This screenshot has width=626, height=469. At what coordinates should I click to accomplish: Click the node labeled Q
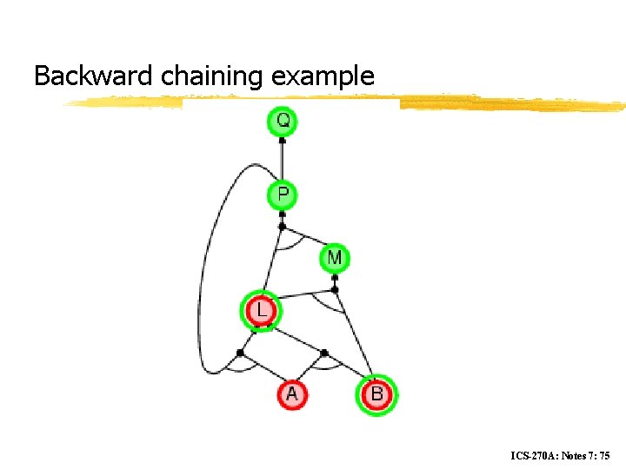coord(282,121)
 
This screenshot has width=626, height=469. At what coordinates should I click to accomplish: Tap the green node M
coord(335,258)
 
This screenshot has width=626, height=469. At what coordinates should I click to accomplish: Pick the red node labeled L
coord(262,310)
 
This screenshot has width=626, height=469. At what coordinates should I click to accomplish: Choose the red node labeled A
coord(291,394)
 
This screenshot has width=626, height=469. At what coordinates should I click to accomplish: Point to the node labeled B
coord(376,394)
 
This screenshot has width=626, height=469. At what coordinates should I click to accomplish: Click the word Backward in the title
coord(95,76)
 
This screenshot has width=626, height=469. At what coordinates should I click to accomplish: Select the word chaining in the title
coord(213,76)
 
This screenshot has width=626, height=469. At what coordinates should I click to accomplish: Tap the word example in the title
coord(323,76)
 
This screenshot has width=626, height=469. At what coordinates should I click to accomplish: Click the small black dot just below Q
coord(282,140)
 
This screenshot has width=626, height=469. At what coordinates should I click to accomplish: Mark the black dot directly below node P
coord(282,227)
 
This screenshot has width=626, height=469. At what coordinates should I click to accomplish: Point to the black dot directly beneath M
coord(335,289)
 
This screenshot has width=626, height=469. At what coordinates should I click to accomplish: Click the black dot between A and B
coord(323,353)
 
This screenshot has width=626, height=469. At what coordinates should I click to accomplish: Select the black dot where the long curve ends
coord(241,353)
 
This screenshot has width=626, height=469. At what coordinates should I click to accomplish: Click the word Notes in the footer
coord(577,455)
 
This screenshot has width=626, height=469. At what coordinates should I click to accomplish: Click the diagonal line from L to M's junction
coord(300,297)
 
